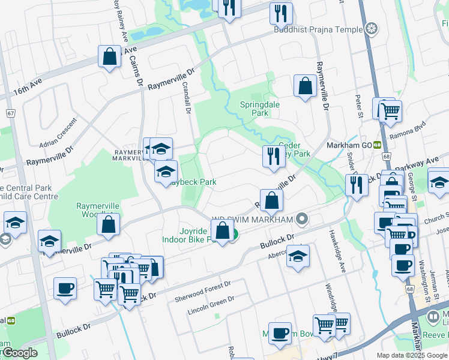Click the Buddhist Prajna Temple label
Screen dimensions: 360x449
[x=318, y=29]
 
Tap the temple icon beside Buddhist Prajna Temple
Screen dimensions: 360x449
[x=372, y=28]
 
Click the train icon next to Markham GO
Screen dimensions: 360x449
[x=377, y=145]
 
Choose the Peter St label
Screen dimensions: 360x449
[x=359, y=106]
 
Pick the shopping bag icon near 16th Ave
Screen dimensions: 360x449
[x=110, y=58]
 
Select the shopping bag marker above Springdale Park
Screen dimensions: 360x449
[x=305, y=86]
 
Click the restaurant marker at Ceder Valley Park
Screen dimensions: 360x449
[x=273, y=156]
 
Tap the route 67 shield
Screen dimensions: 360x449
[x=10, y=113]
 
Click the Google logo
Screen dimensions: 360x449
[x=19, y=353]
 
